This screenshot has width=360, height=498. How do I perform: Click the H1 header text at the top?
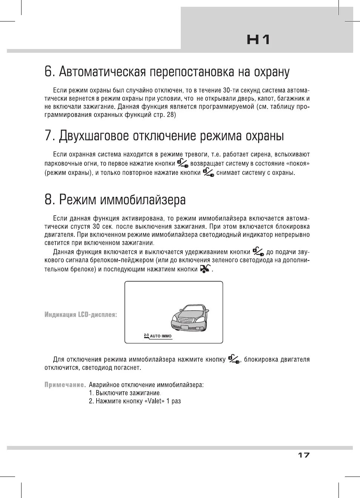tap(258, 40)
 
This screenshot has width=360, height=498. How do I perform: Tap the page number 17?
tap(303, 455)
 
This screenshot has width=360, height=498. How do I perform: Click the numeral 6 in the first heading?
tap(49, 71)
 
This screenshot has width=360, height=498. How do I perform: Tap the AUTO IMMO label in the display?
tap(160, 336)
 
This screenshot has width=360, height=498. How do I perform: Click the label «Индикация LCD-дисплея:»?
tap(81, 314)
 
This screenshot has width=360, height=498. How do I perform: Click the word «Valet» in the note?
tap(155, 401)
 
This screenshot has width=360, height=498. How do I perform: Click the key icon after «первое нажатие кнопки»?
tap(183, 163)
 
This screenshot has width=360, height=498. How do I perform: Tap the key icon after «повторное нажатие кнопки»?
tap(208, 172)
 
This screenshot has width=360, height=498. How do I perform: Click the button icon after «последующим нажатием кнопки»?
tap(205, 269)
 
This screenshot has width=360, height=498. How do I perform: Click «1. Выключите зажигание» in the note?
tap(125, 393)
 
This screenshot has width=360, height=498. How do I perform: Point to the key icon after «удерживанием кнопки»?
tap(258, 251)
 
